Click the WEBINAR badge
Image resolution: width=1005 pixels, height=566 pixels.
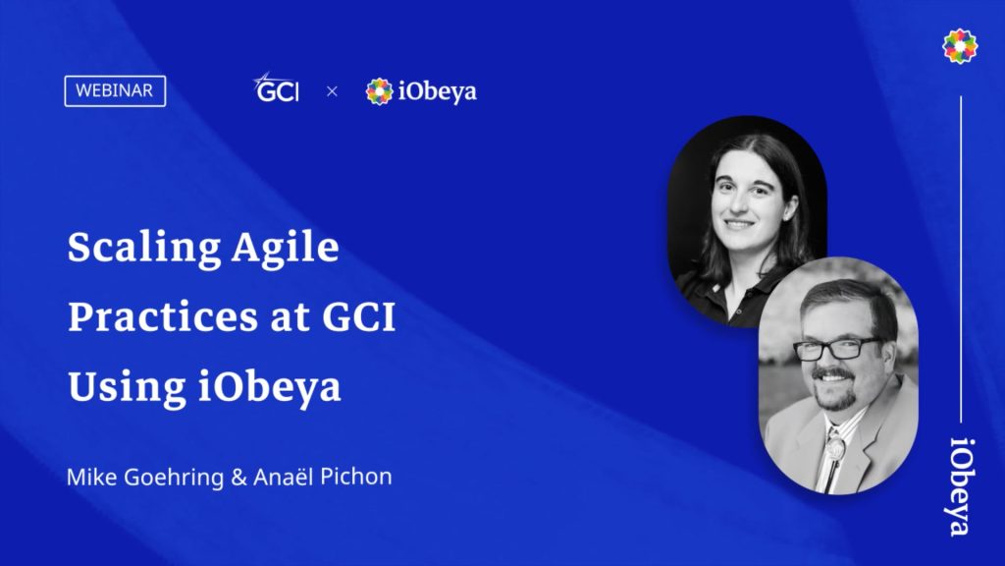[115, 91]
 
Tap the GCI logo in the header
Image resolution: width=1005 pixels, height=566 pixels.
[276, 87]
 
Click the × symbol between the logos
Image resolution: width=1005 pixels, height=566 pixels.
[332, 91]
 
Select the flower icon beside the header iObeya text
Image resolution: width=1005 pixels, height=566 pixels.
[379, 91]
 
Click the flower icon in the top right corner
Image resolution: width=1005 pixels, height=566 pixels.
[960, 46]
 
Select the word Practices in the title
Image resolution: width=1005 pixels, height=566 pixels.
[163, 317]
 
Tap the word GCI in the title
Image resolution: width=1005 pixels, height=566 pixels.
[359, 317]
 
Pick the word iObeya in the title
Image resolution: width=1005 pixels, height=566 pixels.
[269, 387]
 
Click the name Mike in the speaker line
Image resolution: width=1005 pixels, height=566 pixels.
[91, 477]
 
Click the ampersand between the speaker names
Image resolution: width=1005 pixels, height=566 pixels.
[238, 478]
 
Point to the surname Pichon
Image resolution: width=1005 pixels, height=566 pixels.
[356, 477]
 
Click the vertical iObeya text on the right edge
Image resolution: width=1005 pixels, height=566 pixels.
[960, 486]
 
